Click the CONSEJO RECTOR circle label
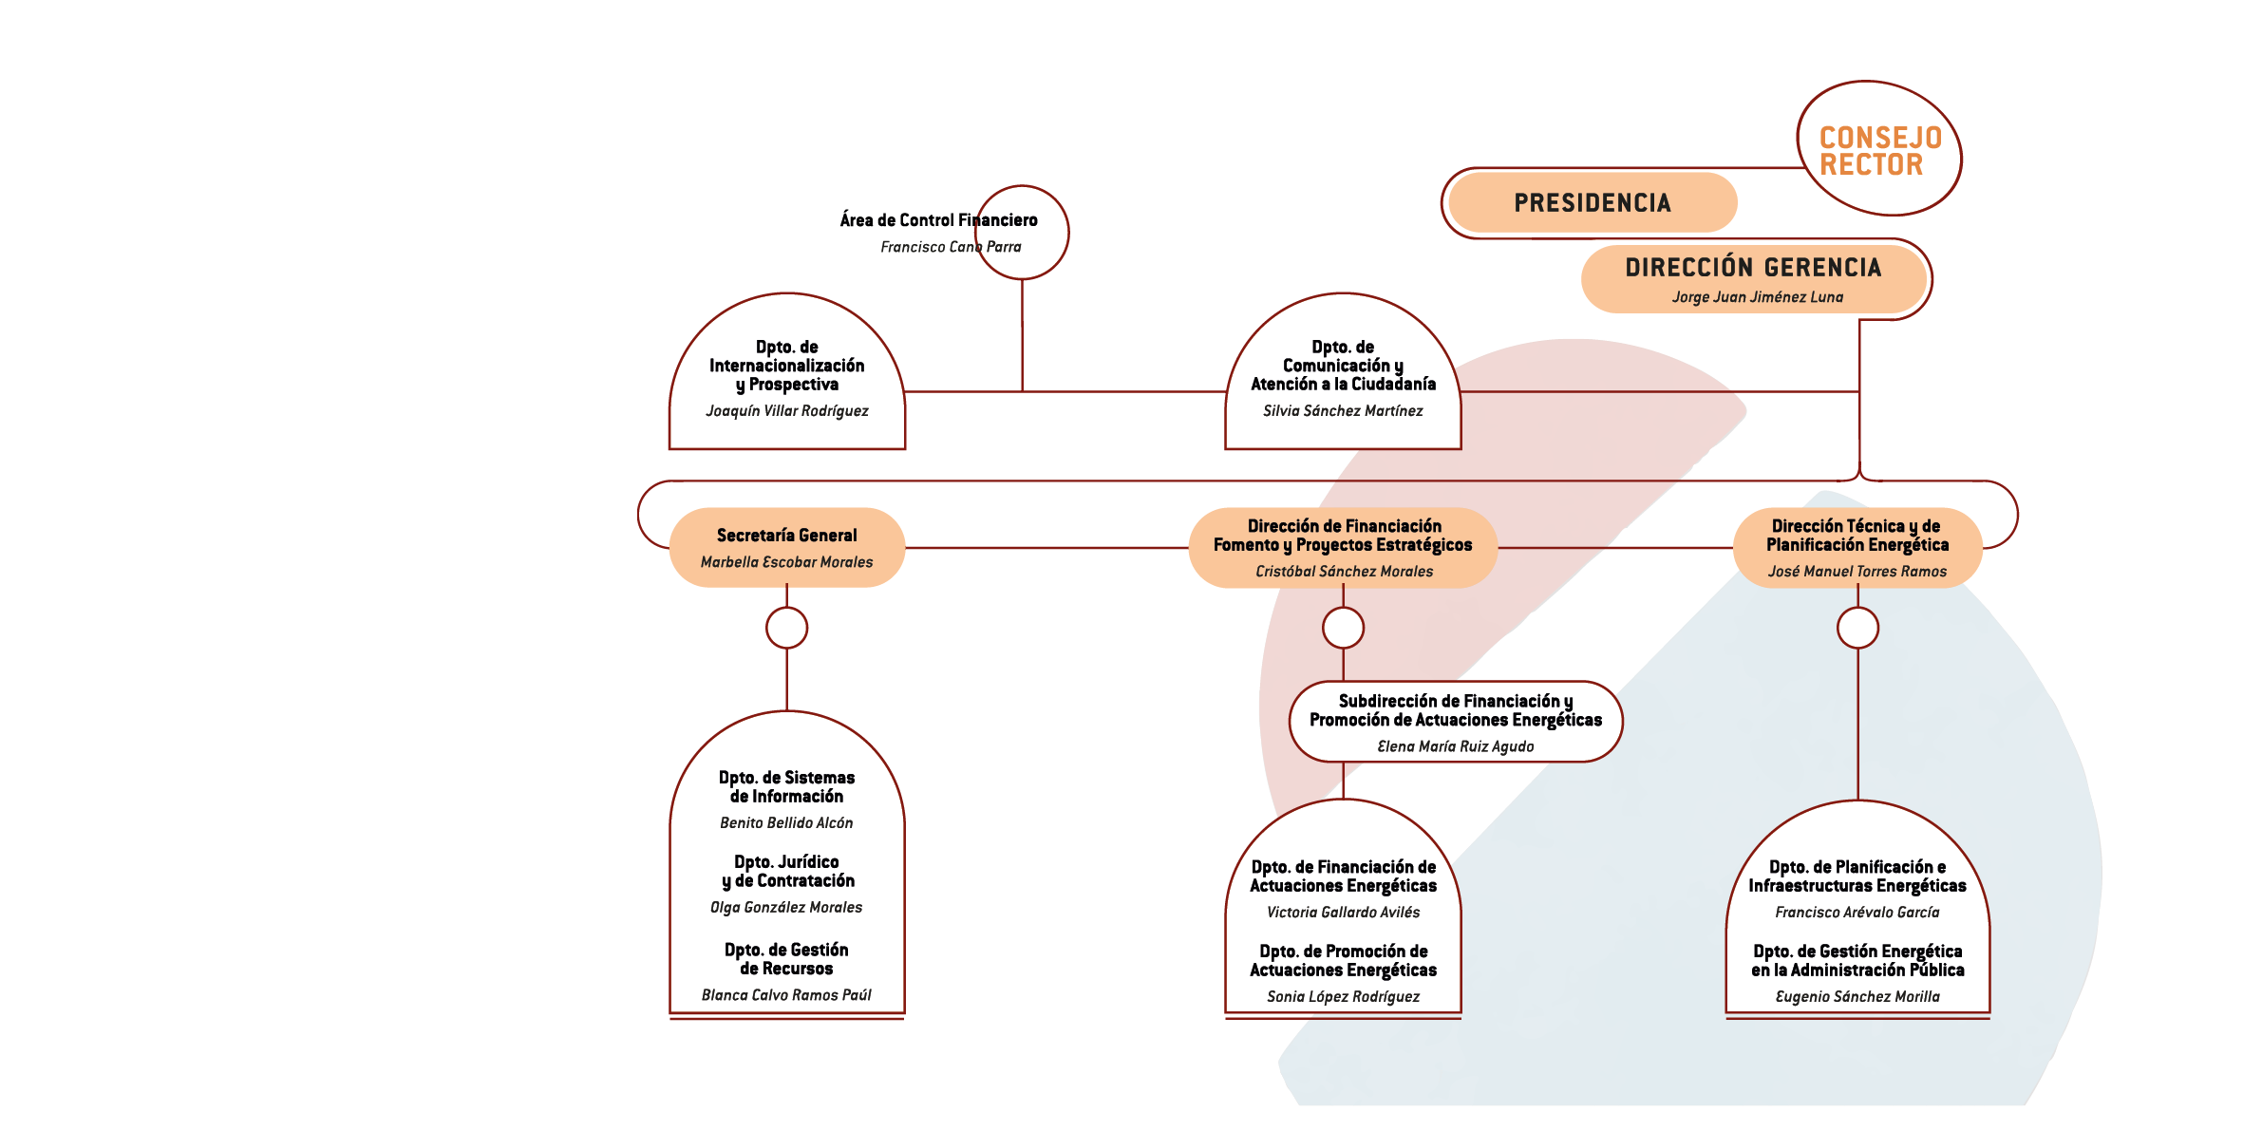click(x=1879, y=150)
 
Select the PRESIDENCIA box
click(x=1593, y=202)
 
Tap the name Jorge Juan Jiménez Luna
click(x=1757, y=297)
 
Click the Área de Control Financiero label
click(x=938, y=220)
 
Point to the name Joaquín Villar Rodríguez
click(x=786, y=411)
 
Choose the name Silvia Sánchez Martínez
click(x=1343, y=411)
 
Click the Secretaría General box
click(x=786, y=546)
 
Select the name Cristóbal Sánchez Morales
click(x=1344, y=572)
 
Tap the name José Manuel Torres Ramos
click(x=1857, y=572)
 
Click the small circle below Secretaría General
click(x=786, y=628)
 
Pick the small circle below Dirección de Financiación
click(x=1343, y=628)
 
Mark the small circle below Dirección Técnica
click(x=1857, y=628)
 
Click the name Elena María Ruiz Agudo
click(x=1455, y=747)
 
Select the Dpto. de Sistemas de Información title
click(x=786, y=787)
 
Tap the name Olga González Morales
click(x=786, y=908)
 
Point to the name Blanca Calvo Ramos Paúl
click(x=786, y=995)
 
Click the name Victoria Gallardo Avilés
click(x=1343, y=913)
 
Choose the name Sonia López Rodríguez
click(x=1343, y=997)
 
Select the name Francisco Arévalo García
click(x=1857, y=913)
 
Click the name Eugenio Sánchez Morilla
click(x=1857, y=997)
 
